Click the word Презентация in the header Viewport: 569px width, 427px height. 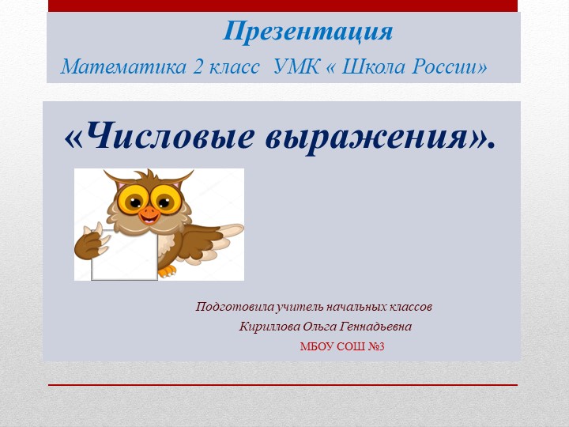click(307, 32)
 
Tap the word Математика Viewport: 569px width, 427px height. click(123, 66)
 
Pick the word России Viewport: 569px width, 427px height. click(447, 66)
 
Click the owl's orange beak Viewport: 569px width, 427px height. click(148, 212)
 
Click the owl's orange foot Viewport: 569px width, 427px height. click(167, 270)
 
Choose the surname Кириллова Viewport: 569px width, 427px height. click(270, 327)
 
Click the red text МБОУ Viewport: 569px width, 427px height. click(315, 347)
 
